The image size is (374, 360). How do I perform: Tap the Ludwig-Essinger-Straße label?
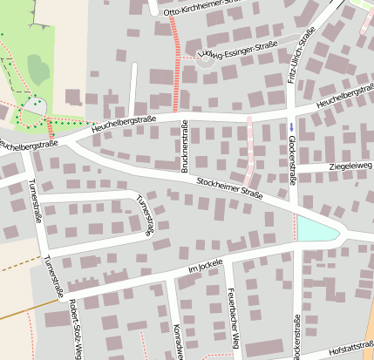coord(239,50)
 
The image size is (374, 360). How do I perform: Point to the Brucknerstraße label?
coord(184,146)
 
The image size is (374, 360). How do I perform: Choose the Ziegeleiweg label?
coord(350,166)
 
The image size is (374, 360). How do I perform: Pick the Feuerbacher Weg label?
coord(233,309)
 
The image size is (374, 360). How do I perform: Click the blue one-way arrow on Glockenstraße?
coord(291,127)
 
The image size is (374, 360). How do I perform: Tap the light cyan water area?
coord(316,229)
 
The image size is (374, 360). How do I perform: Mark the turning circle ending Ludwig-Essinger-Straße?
coord(206,58)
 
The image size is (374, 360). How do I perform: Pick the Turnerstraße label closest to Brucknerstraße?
coord(144,214)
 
